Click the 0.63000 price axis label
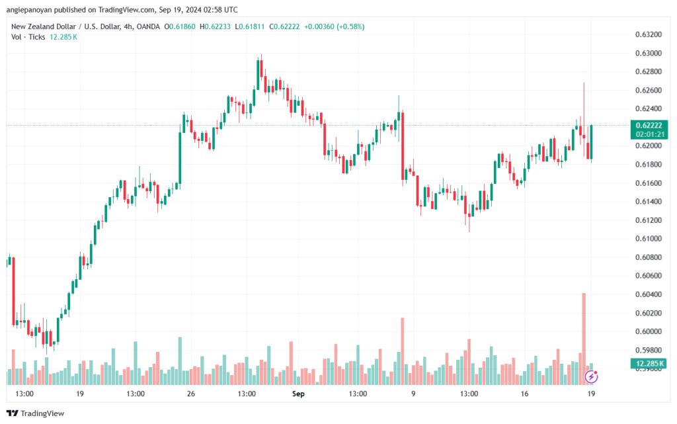648,53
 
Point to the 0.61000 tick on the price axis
648,238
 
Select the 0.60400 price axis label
648,294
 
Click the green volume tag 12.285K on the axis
649,363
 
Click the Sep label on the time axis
298,394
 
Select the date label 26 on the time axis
191,394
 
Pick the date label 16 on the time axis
524,394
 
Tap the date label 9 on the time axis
413,394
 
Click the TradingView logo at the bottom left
36,413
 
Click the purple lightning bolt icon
591,377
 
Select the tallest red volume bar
584,339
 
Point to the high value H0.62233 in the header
215,26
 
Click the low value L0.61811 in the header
249,26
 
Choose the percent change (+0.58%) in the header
350,26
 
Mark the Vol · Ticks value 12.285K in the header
63,36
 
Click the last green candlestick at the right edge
591,142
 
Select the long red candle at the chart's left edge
13,291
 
